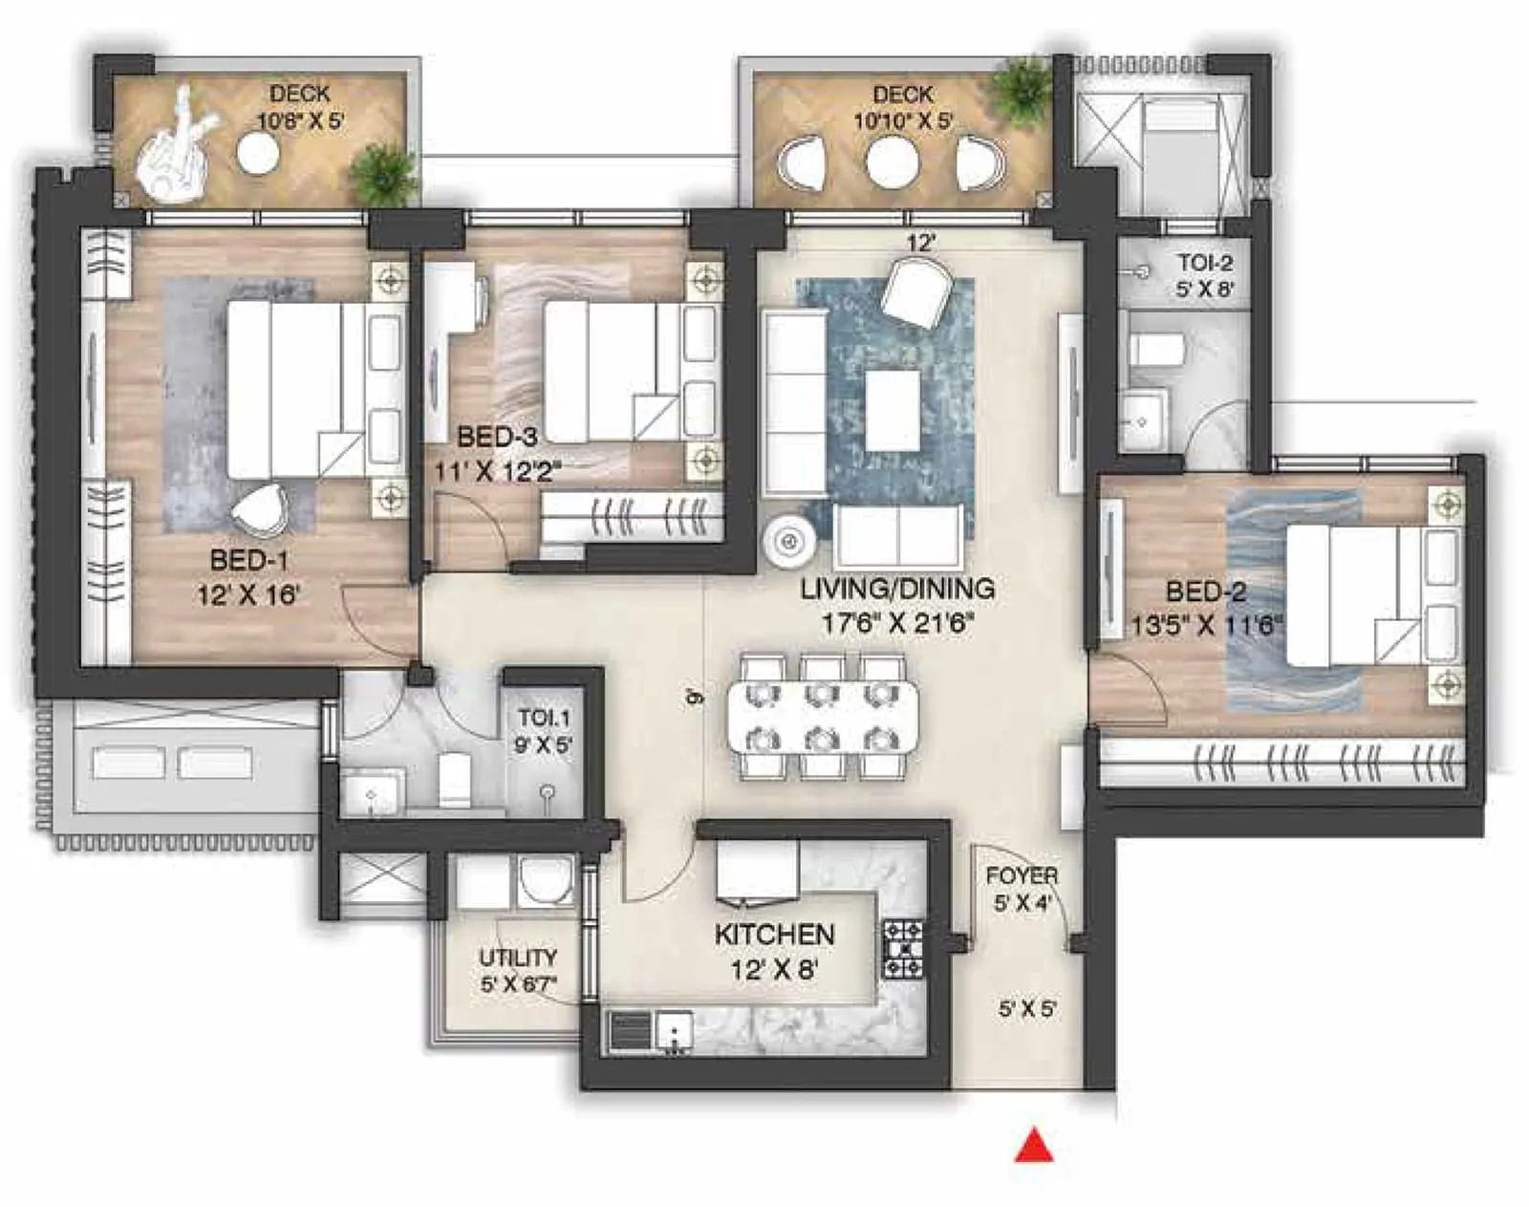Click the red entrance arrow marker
(x=1033, y=1146)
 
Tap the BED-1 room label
(x=248, y=560)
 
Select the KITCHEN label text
(x=774, y=934)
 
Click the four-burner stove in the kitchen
(x=903, y=949)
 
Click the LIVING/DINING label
(x=897, y=589)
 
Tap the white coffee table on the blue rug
(x=893, y=410)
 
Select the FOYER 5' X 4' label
(x=1022, y=889)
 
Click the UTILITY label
(x=518, y=958)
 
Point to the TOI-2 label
(x=1204, y=263)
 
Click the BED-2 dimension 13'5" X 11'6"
(x=1206, y=626)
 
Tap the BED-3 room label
(x=497, y=438)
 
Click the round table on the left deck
(x=258, y=153)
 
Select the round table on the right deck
(x=893, y=162)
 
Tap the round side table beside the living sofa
(x=789, y=543)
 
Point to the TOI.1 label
(x=544, y=718)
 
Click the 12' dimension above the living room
(x=919, y=244)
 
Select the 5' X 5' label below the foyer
(x=1027, y=1008)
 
